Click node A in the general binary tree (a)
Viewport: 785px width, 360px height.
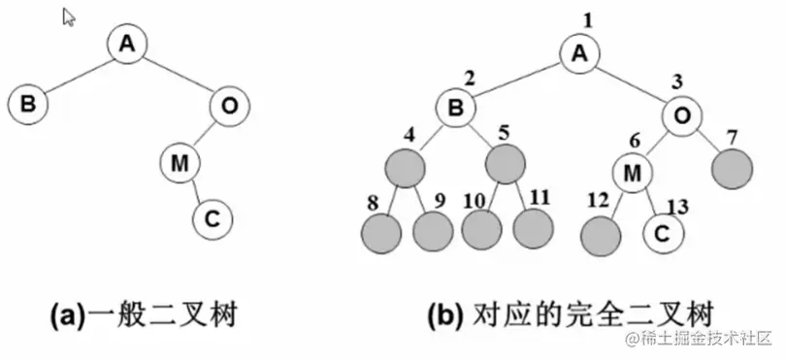coord(127,45)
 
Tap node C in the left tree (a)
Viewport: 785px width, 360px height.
coord(212,219)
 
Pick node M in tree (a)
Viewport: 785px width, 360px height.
coord(179,164)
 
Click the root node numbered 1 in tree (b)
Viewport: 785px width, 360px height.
coord(580,54)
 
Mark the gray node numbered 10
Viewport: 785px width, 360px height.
coord(482,228)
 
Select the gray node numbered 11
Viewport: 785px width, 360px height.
coord(533,228)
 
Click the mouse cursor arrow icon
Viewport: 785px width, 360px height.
coord(69,16)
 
